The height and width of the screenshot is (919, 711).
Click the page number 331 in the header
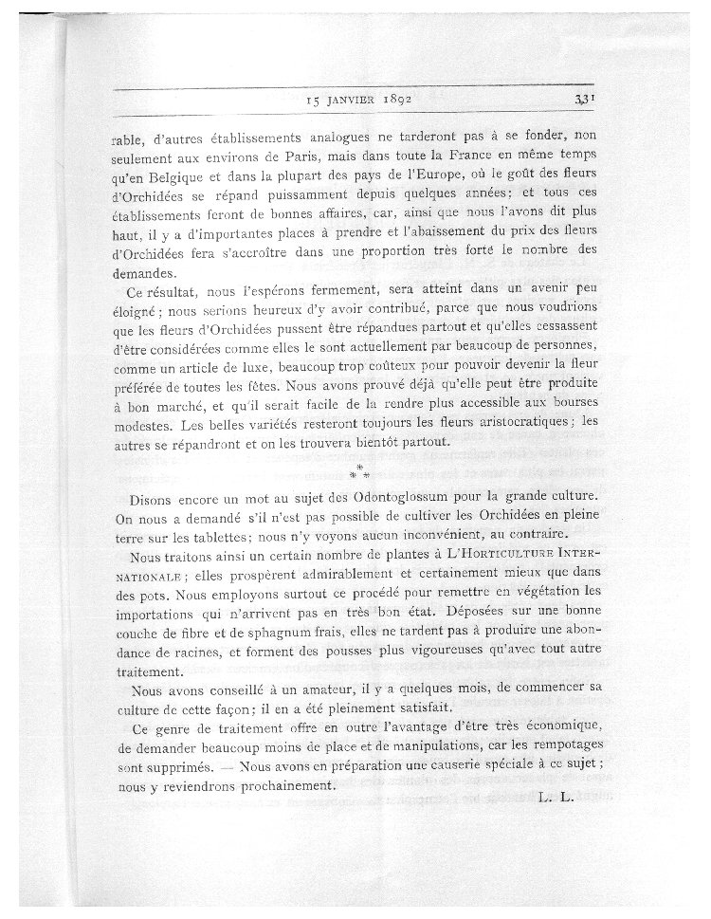tap(583, 97)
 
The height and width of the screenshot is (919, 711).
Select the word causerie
tap(470, 769)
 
